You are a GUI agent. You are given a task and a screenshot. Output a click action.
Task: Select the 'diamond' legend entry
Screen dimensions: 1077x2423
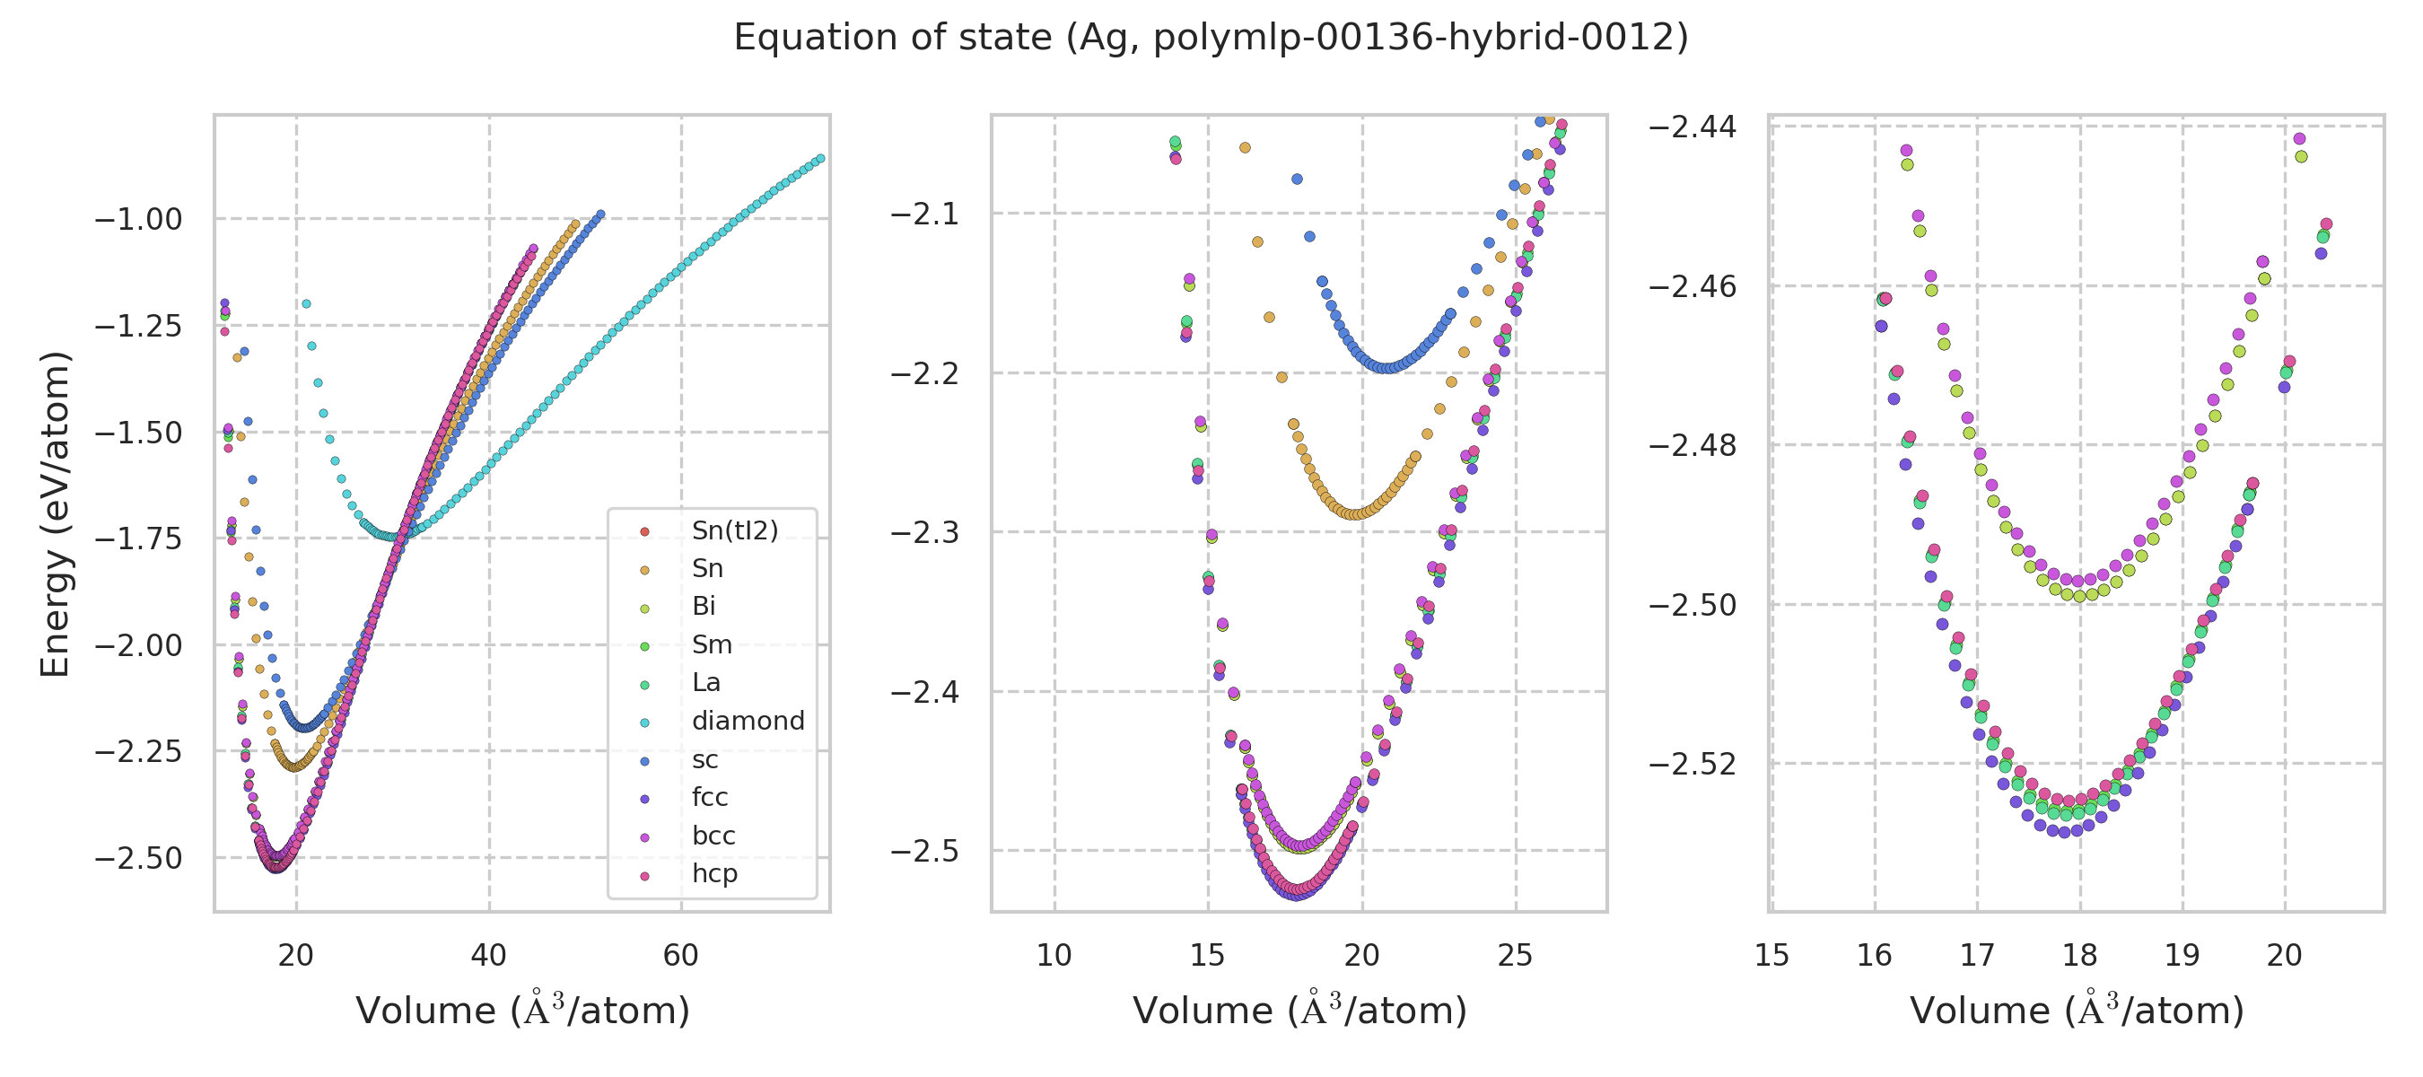point(748,722)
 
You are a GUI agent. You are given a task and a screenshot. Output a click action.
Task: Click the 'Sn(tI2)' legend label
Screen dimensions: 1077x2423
point(735,531)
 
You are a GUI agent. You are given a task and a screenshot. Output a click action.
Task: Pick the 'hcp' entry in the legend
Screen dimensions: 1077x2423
point(714,874)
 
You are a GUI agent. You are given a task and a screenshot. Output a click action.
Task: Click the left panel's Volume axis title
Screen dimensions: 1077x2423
point(522,1011)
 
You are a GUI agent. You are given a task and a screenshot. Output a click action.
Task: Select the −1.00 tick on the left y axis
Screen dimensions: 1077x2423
point(138,220)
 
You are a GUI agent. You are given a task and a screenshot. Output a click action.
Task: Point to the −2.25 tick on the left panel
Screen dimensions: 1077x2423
point(138,752)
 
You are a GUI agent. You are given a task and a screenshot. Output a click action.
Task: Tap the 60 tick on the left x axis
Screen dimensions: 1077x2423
point(681,956)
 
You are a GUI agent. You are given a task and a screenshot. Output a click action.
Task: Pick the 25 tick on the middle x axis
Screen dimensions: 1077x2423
point(1516,956)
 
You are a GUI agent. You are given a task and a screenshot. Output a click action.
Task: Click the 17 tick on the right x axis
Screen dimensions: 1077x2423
point(1977,956)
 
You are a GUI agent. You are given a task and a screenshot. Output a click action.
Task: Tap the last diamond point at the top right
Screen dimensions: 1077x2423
point(820,159)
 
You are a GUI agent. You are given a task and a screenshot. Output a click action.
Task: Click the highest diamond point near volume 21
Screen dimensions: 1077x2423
point(306,304)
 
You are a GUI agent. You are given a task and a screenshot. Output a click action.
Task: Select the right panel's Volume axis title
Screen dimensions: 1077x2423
point(2077,1011)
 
